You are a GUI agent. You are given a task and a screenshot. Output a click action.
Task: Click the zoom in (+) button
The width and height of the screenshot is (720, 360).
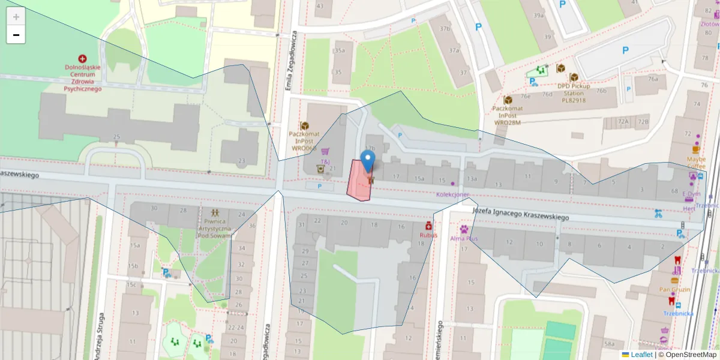[x=16, y=16]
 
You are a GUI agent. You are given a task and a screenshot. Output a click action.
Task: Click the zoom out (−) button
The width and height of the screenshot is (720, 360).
[x=16, y=35]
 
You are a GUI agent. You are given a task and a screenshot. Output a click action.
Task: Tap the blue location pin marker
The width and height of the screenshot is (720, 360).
[x=368, y=160]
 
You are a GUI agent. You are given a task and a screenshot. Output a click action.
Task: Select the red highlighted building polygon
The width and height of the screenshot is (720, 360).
[x=359, y=182]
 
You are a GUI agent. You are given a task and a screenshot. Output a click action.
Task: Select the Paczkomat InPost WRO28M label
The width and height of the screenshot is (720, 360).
[x=507, y=115]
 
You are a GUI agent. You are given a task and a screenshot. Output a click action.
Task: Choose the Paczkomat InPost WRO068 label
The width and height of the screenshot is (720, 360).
[x=304, y=140]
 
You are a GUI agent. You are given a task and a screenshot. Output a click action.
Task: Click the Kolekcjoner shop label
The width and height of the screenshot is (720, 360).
[x=452, y=194]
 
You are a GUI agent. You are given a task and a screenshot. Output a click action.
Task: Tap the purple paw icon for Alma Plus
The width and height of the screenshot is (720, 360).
[x=464, y=229]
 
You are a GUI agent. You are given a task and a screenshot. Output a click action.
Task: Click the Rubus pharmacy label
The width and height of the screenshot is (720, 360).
[x=428, y=235]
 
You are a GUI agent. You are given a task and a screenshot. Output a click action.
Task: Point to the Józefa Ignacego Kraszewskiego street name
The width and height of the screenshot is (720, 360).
[x=520, y=214]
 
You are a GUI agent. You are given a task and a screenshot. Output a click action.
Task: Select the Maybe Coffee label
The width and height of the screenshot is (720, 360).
[x=696, y=163]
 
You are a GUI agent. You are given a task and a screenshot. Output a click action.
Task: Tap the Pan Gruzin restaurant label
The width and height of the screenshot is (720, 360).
[x=674, y=289]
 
